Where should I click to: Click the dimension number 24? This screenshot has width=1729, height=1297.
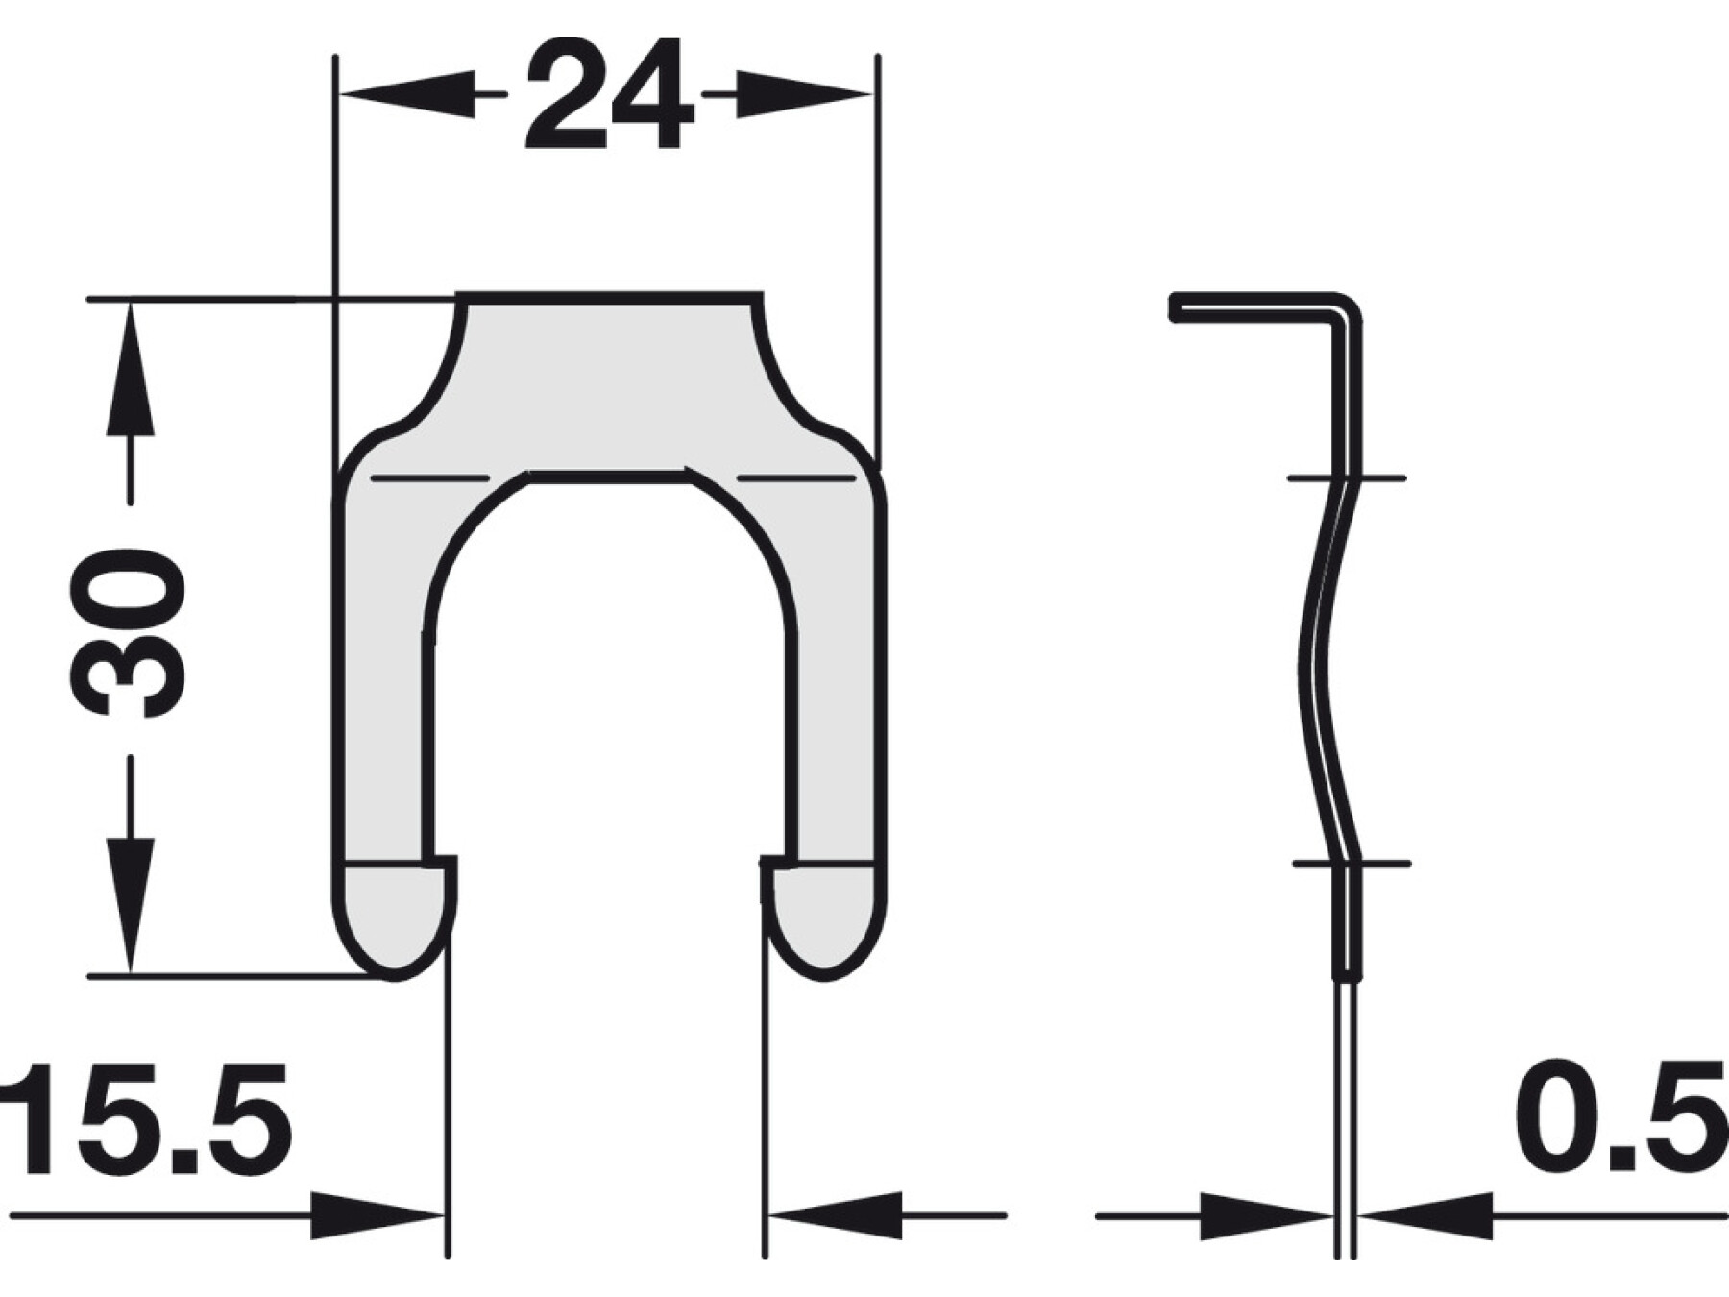(x=609, y=94)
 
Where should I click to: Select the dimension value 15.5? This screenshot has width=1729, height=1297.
(x=145, y=1119)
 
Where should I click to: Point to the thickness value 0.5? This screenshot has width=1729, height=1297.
(x=1622, y=1119)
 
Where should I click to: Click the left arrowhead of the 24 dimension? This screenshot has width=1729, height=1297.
(x=407, y=94)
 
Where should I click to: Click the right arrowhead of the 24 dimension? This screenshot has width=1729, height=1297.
(x=803, y=94)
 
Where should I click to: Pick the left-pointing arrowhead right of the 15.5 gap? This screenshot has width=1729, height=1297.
(x=836, y=1216)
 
